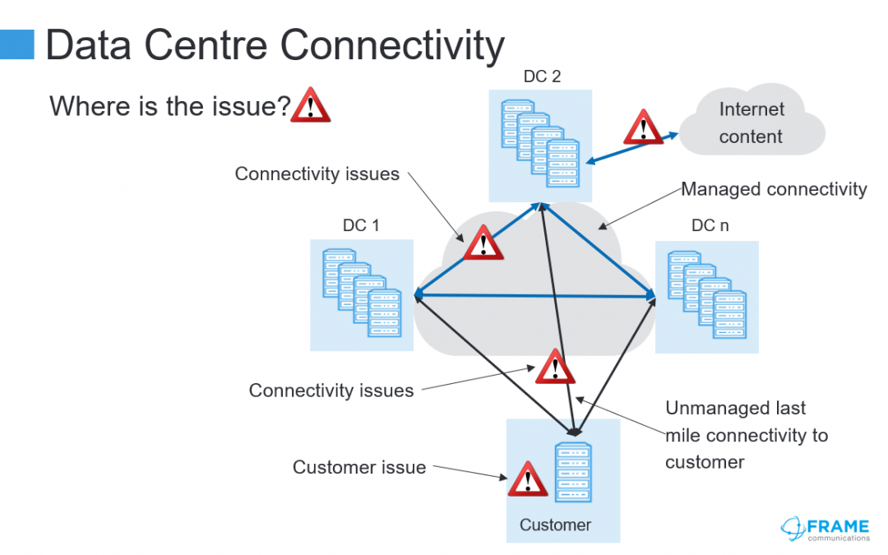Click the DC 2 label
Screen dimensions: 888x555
tap(542, 76)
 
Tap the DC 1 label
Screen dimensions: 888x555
tap(361, 225)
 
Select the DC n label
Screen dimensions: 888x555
tap(710, 225)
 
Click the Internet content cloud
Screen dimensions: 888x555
tap(752, 120)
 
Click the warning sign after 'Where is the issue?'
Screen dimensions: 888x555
tap(310, 104)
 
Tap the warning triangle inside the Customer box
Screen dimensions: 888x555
tap(528, 479)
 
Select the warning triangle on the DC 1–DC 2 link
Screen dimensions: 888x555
tap(483, 243)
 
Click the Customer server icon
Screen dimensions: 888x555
tap(574, 472)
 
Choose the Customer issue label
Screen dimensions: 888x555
tap(359, 467)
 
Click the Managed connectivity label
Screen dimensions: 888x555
tap(774, 189)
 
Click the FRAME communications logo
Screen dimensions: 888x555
tap(826, 529)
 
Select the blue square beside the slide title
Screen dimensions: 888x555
tap(17, 44)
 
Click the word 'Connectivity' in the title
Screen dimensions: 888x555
tap(392, 45)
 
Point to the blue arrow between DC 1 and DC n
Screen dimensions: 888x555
tap(535, 295)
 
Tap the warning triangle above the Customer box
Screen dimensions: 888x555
tap(555, 367)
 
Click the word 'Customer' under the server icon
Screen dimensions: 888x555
tap(555, 525)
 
